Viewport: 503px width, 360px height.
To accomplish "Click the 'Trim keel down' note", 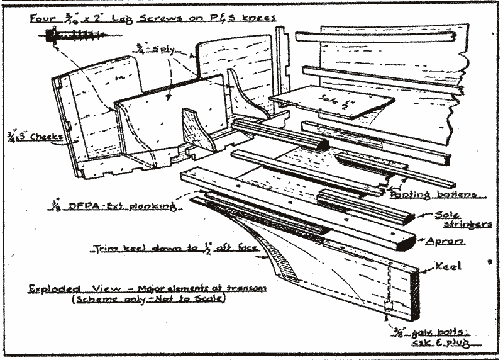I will click(x=176, y=248).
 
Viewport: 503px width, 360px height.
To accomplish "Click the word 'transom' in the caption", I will click(x=248, y=289).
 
